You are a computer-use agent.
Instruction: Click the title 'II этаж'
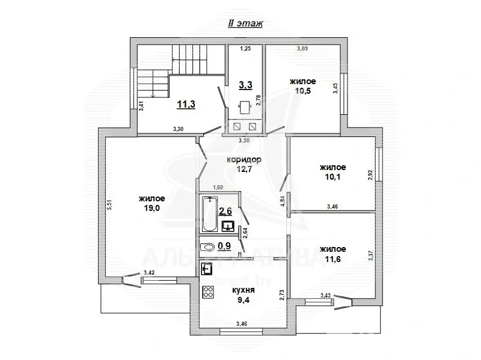[x=244, y=23]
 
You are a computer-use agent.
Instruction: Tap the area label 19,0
[x=152, y=209]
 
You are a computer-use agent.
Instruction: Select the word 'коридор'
[x=244, y=159]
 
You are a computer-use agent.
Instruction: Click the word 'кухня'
[x=244, y=289]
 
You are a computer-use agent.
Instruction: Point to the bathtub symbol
[x=209, y=215]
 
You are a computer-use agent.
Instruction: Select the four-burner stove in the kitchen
[x=209, y=293]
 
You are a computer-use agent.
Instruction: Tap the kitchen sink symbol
[x=207, y=269]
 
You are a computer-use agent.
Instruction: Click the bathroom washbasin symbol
[x=228, y=226]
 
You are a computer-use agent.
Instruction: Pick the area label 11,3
[x=186, y=104]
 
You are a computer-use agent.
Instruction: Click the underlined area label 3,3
[x=245, y=85]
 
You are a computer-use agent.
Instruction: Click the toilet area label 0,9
[x=224, y=246]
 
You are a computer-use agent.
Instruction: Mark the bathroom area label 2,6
[x=225, y=210]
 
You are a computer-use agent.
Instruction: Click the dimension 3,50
[x=244, y=141]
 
